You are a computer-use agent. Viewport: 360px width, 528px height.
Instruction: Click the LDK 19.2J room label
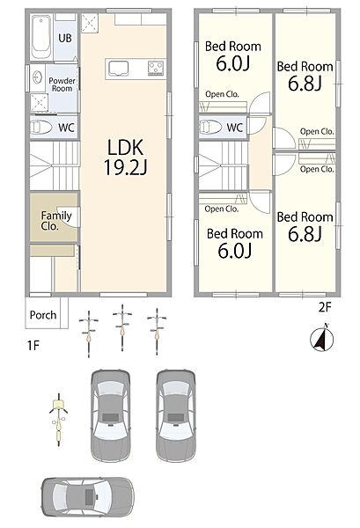pyautogui.click(x=125, y=158)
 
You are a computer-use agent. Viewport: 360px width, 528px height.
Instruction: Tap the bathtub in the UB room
pyautogui.click(x=41, y=37)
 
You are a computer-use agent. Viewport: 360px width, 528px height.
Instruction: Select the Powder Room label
pyautogui.click(x=62, y=84)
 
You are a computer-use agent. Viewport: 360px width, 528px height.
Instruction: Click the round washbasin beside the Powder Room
pyautogui.click(x=37, y=77)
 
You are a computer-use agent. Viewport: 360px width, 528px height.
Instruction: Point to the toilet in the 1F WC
pyautogui.click(x=41, y=128)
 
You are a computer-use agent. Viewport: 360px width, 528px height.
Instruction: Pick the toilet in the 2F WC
pyautogui.click(x=210, y=128)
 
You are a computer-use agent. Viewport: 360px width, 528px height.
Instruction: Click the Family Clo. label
pyautogui.click(x=56, y=220)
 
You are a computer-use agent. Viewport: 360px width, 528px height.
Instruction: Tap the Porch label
pyautogui.click(x=43, y=315)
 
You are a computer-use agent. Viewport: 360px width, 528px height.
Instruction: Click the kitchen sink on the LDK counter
pyautogui.click(x=118, y=68)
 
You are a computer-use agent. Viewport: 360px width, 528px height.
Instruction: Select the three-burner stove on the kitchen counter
pyautogui.click(x=157, y=68)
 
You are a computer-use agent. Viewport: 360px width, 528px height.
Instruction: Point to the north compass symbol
pyautogui.click(x=321, y=338)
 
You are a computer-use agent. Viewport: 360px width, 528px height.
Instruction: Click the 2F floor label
pyautogui.click(x=325, y=307)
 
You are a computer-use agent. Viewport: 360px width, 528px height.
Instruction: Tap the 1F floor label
pyautogui.click(x=33, y=346)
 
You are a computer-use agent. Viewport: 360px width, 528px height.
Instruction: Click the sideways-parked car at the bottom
pyautogui.click(x=88, y=496)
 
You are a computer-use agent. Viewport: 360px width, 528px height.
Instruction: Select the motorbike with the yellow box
pyautogui.click(x=59, y=420)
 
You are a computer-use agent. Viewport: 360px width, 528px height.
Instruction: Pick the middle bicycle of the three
pyautogui.click(x=122, y=327)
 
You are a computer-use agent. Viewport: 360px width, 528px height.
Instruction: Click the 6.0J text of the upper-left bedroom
pyautogui.click(x=233, y=63)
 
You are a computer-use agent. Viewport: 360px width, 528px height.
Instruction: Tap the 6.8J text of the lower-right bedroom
pyautogui.click(x=305, y=234)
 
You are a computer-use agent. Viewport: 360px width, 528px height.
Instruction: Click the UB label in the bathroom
pyautogui.click(x=65, y=38)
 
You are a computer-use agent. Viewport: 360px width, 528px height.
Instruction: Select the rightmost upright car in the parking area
pyautogui.click(x=176, y=416)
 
